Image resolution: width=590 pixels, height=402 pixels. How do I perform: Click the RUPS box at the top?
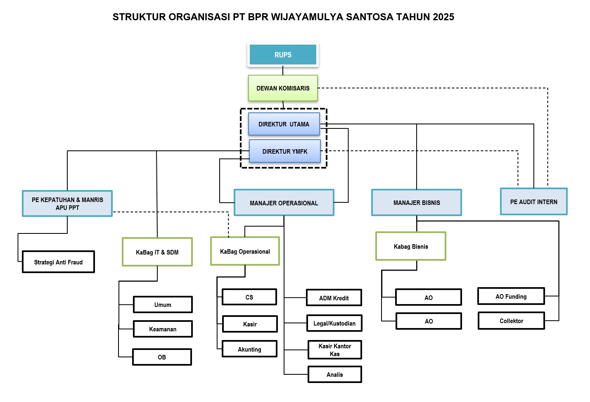[283, 55]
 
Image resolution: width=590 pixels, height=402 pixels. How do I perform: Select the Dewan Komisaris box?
[283, 88]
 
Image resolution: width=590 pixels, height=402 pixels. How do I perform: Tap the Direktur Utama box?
[284, 124]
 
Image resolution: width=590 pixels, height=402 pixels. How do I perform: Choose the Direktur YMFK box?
[284, 151]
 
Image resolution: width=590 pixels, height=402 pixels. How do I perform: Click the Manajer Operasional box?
[284, 203]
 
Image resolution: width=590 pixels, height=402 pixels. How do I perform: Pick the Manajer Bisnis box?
[416, 202]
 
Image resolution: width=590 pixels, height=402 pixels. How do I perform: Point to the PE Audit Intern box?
[533, 202]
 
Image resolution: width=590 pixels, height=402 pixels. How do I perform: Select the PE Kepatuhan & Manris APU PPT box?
[67, 203]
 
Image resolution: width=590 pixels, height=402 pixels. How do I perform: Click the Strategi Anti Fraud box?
[58, 262]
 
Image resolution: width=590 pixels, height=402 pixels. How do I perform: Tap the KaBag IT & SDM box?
[157, 252]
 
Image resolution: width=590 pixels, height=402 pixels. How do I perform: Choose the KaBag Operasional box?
[245, 251]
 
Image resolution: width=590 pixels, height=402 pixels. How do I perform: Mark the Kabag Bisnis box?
[410, 246]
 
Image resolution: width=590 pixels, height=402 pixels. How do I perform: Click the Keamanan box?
[163, 329]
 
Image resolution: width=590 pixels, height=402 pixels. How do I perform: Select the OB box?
[162, 357]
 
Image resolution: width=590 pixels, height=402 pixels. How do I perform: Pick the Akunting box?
[249, 349]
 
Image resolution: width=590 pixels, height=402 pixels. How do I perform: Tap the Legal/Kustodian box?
[334, 323]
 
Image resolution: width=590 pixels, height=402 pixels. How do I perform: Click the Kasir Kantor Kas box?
[334, 350]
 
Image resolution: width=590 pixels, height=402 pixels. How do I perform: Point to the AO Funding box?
[511, 296]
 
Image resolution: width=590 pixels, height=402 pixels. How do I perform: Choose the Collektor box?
[511, 321]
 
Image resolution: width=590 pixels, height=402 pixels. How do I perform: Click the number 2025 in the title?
[443, 17]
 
